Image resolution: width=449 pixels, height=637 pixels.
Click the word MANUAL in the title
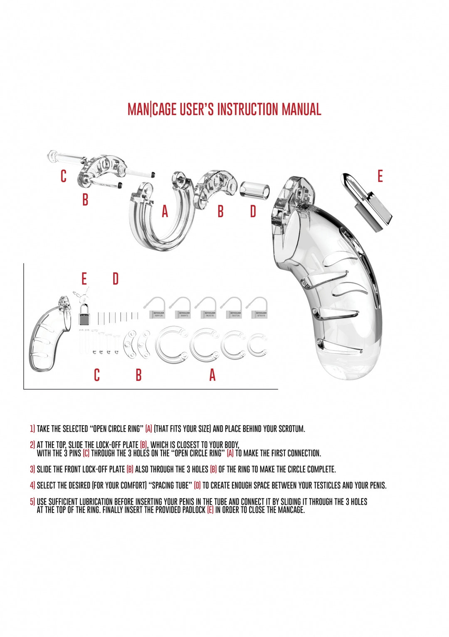click(x=301, y=109)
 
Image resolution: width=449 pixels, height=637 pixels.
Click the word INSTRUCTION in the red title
click(x=248, y=109)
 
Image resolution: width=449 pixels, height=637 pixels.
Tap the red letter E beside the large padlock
click(x=380, y=176)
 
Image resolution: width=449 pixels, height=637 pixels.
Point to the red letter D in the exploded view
click(x=253, y=211)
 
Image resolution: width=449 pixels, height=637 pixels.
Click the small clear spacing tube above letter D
click(x=254, y=190)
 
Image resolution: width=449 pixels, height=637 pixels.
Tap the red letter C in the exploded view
click(x=63, y=176)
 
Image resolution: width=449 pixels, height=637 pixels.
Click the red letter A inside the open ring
click(x=165, y=212)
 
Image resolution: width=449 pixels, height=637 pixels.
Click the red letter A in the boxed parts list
click(x=212, y=375)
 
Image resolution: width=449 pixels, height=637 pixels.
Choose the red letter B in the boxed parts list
click(x=138, y=375)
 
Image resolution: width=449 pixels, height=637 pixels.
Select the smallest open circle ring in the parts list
click(x=257, y=344)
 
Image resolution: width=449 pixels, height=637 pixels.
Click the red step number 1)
click(x=32, y=429)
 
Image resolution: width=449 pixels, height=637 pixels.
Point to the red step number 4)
click(x=32, y=485)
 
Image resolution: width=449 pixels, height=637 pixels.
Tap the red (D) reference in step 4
click(x=197, y=485)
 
